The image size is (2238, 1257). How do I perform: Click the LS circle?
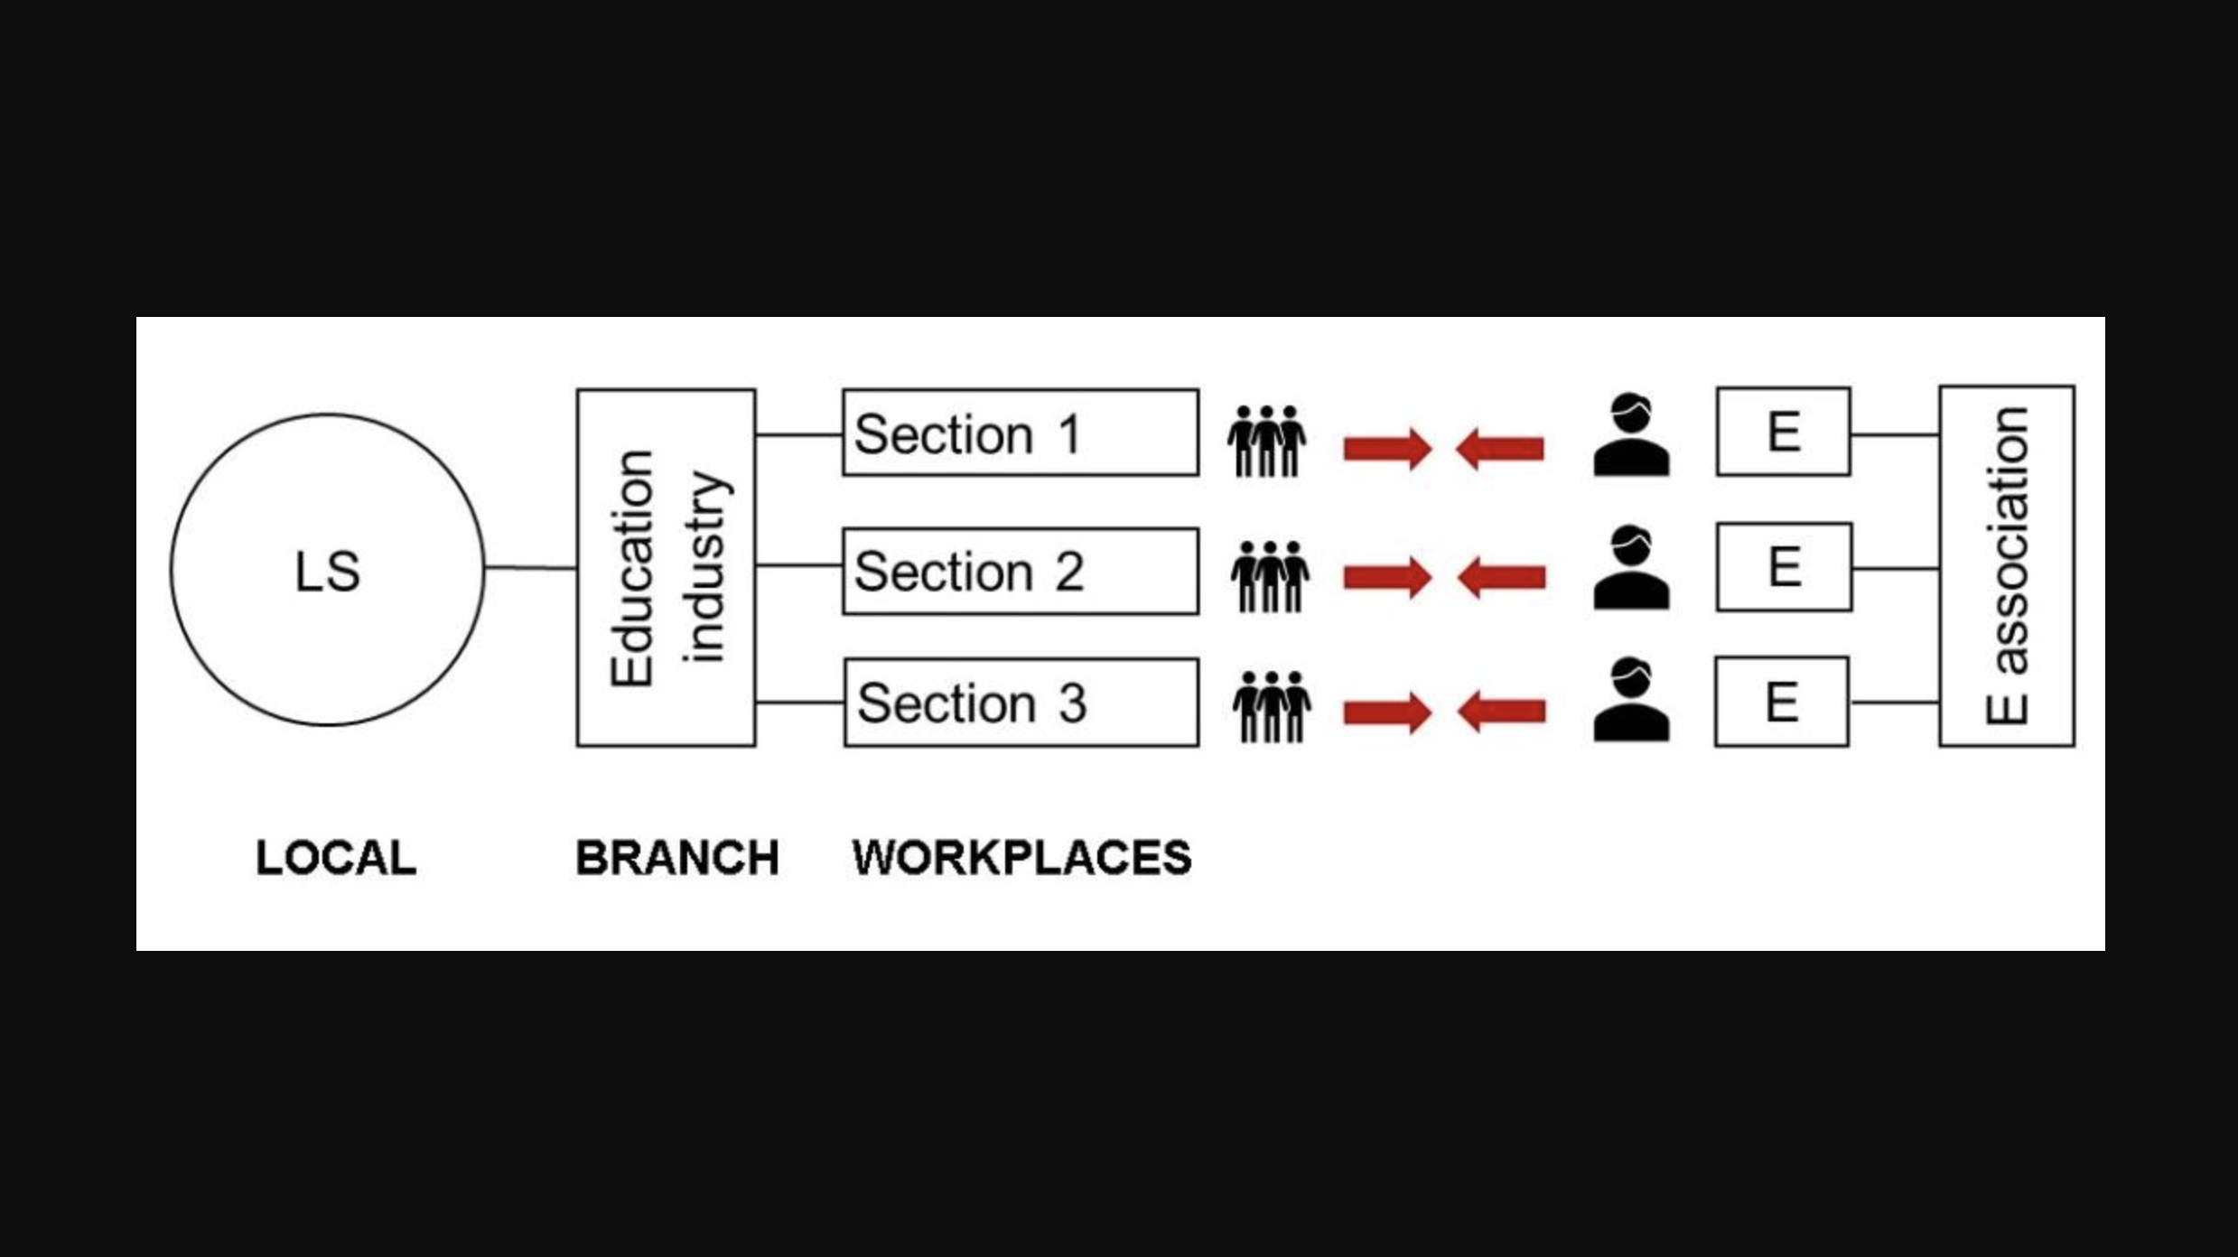coord(327,570)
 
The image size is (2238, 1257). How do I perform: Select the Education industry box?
coord(667,568)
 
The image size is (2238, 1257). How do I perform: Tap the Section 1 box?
coord(1021,433)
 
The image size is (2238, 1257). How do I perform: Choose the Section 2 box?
coord(1021,572)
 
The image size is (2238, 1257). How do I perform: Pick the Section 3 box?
coord(1021,703)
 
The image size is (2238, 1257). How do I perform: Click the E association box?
coord(2007,566)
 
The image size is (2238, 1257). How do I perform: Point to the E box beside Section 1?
coord(1783,432)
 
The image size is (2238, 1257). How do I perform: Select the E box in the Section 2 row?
coord(1784,567)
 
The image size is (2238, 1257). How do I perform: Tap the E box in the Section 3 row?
coord(1781,702)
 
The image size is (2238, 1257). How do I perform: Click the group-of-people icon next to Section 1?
coord(1266,441)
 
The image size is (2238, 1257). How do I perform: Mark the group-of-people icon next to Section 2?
coord(1270,576)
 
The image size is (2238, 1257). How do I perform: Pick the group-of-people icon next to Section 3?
coord(1272,706)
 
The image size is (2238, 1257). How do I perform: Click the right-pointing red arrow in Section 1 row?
coord(1387,449)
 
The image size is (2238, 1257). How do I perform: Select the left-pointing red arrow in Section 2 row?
coord(1501,577)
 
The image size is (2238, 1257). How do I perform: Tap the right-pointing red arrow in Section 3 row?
coord(1387,712)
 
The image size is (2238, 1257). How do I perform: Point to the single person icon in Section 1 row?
coord(1631,435)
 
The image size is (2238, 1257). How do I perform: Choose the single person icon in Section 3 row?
coord(1631,701)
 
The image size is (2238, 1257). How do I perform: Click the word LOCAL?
coord(336,857)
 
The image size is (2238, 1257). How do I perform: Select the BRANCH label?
coord(677,857)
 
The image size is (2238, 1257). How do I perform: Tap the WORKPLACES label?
coord(1021,857)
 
